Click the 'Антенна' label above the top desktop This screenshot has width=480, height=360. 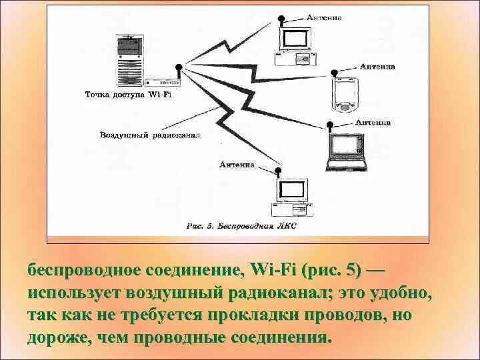324,18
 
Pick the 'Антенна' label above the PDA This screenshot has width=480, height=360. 377,67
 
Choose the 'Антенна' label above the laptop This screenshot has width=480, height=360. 373,123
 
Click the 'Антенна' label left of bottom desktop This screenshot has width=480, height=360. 236,163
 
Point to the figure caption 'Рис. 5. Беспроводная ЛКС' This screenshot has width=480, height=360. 242,227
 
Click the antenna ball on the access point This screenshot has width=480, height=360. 179,67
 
